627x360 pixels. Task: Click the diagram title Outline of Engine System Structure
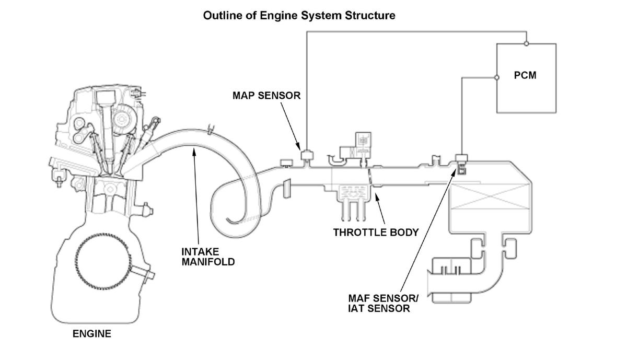[x=299, y=16]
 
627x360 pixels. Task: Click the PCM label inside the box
[x=525, y=75]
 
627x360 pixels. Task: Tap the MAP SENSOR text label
[x=266, y=96]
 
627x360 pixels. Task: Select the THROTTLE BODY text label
[x=376, y=233]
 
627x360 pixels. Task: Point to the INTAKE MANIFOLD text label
[x=208, y=257]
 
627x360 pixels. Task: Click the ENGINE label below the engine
[x=92, y=334]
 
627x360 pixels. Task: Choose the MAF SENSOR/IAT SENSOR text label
[x=383, y=304]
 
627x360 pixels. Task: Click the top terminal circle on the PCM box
[x=526, y=44]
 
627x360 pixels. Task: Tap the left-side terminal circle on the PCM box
[x=497, y=77]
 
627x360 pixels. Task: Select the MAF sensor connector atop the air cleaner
[x=461, y=158]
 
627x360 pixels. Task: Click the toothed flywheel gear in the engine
[x=103, y=261]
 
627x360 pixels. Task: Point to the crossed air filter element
[x=491, y=196]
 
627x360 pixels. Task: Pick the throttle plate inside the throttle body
[x=370, y=177]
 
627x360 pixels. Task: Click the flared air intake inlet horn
[x=429, y=283]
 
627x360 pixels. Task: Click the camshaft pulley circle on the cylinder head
[x=122, y=119]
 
